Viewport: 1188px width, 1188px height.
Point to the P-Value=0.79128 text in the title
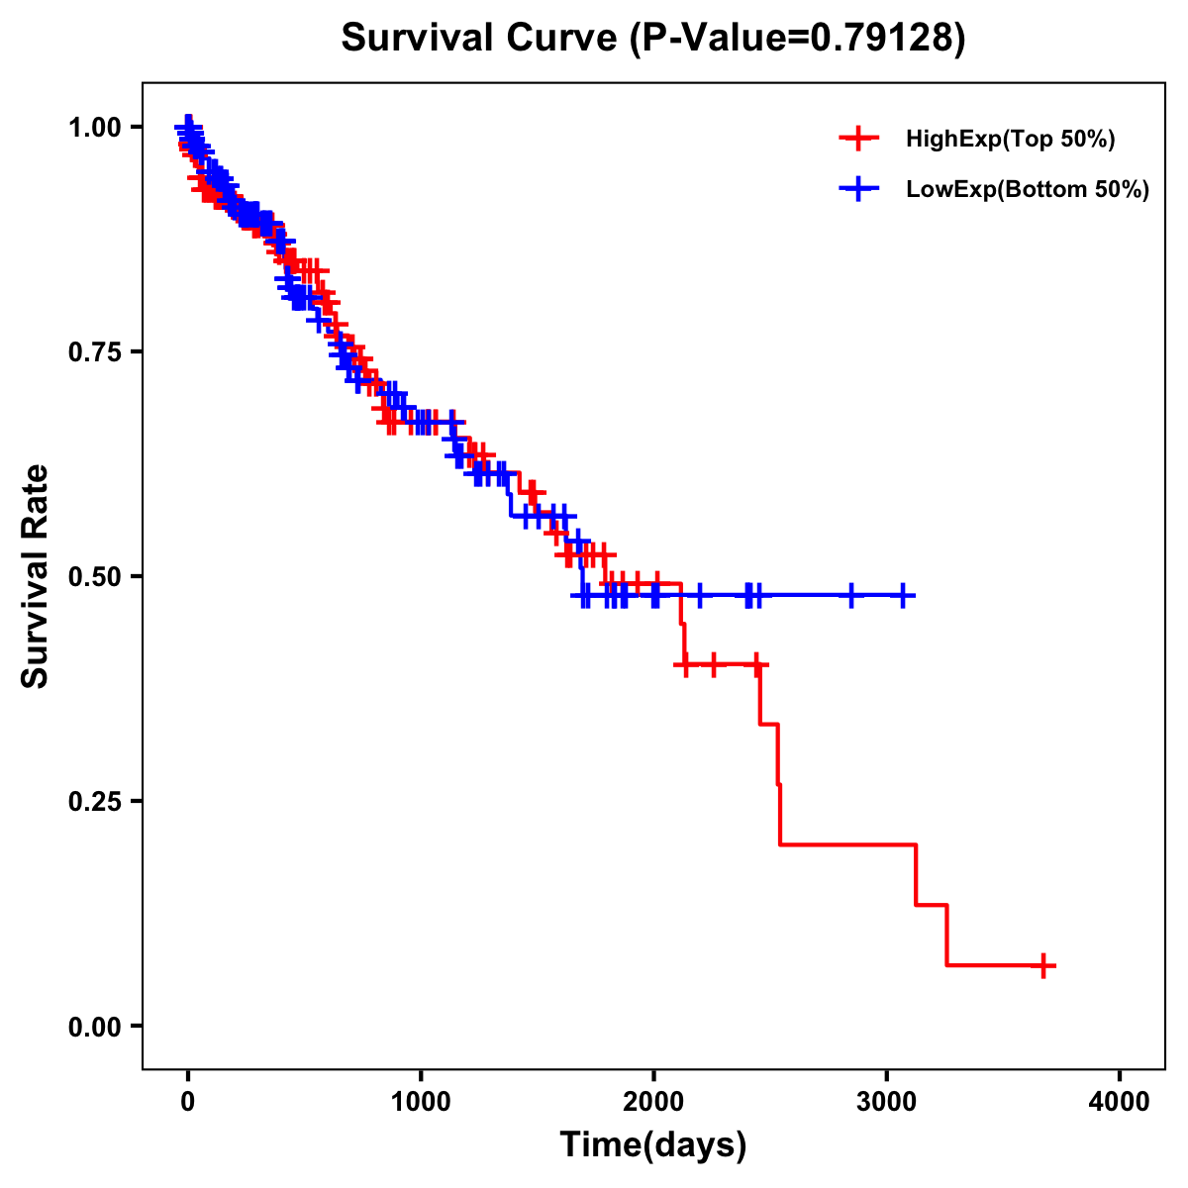tap(800, 38)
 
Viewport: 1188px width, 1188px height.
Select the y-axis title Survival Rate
tap(36, 575)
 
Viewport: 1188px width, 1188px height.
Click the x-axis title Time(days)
tap(653, 1145)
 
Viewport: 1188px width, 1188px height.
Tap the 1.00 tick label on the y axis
tap(93, 127)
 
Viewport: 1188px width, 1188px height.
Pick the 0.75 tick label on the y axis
tap(93, 351)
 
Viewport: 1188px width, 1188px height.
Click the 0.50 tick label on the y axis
tap(93, 576)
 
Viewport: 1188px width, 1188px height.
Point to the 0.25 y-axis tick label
tap(93, 801)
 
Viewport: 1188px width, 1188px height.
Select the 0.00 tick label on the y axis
tap(93, 1026)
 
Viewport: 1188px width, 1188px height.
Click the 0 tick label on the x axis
tap(188, 1102)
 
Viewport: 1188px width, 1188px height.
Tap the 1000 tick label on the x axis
tap(421, 1102)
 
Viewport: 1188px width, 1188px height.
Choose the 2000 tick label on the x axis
tap(653, 1102)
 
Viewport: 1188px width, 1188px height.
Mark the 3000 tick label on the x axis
tap(887, 1102)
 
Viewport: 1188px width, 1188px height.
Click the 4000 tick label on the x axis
tap(1120, 1102)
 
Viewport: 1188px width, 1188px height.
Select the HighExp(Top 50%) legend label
tap(1010, 140)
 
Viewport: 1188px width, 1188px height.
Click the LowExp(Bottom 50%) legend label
tap(1028, 190)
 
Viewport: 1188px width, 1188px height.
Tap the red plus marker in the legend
tap(858, 140)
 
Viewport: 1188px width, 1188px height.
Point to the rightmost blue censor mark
tap(903, 596)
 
